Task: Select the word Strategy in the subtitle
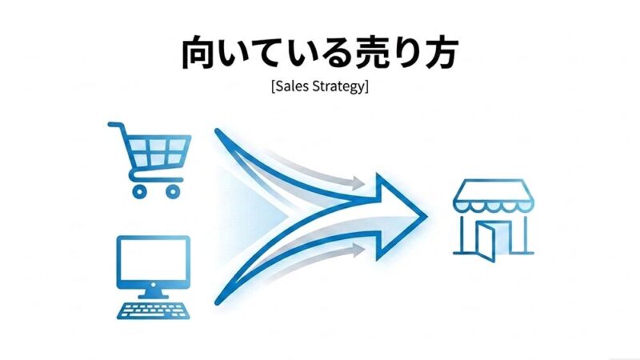coord(339,86)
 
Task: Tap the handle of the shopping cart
coord(114,126)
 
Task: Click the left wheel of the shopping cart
coord(140,190)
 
